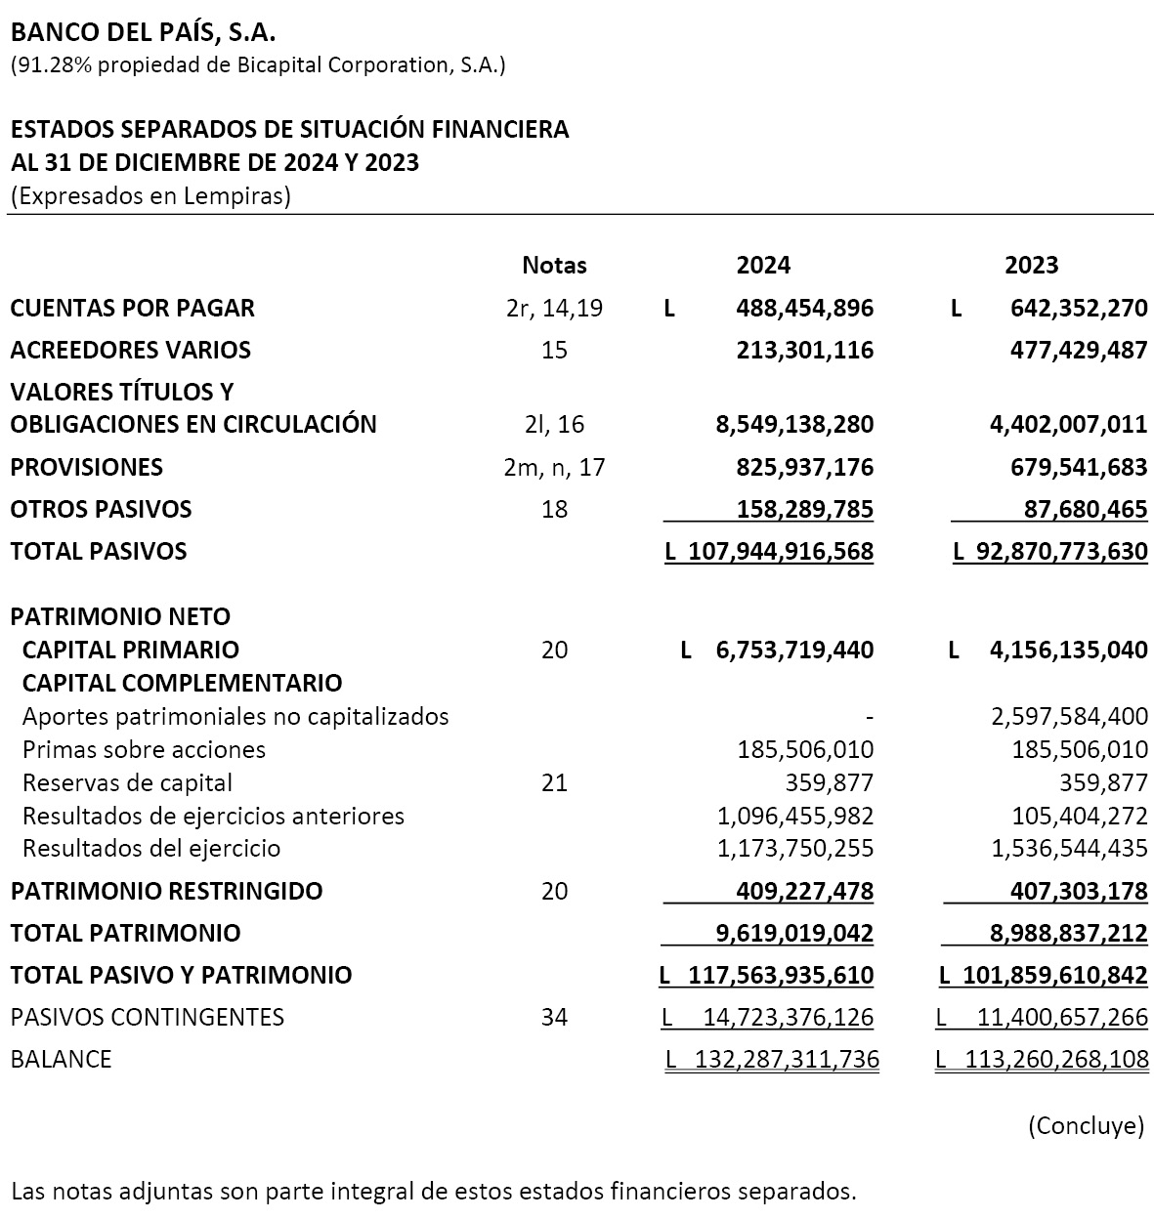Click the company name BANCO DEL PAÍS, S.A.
coord(143,33)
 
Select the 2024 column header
coord(763,265)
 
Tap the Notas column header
coord(554,265)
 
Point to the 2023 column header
coord(1032,265)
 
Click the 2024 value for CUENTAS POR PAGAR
coord(804,309)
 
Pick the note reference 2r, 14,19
coord(554,309)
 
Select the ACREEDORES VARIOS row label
coord(130,350)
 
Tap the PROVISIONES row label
coord(86,467)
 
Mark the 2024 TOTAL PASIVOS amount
coord(780,552)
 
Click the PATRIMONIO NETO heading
coord(120,617)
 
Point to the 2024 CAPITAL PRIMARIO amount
coord(794,651)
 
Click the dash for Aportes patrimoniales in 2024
coord(869,717)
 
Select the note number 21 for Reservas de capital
coord(554,783)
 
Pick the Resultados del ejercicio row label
coord(151,849)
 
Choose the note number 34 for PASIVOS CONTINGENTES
coord(554,1018)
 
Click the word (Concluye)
coord(1085,1125)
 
